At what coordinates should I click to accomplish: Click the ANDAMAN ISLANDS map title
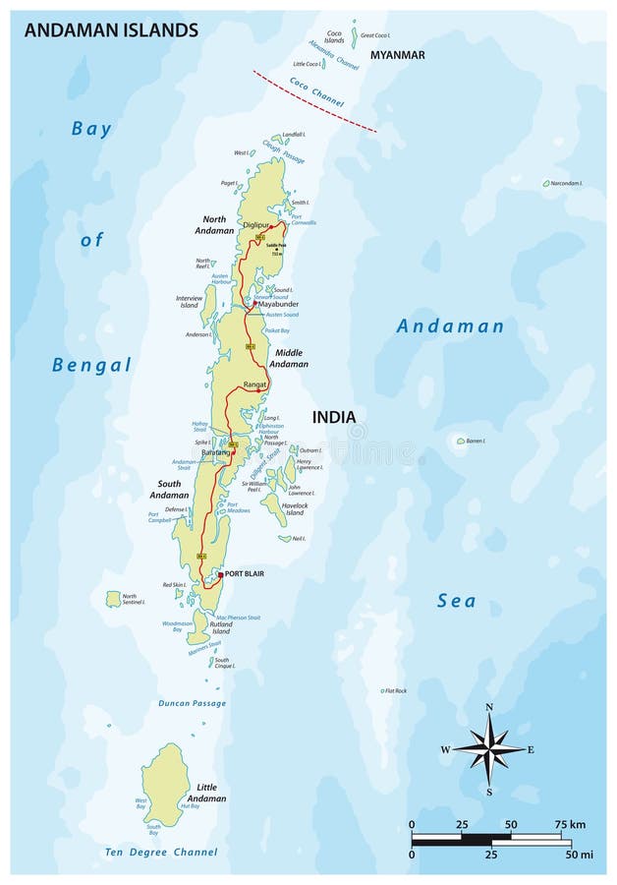(110, 30)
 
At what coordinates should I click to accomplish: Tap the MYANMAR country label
(398, 55)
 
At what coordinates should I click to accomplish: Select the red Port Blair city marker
(220, 574)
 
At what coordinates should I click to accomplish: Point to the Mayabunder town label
(278, 305)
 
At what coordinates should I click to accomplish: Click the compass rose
(488, 749)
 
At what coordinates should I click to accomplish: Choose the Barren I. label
(477, 441)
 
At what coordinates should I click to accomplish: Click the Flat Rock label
(396, 690)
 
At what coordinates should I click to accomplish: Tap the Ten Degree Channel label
(162, 852)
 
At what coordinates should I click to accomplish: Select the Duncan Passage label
(192, 703)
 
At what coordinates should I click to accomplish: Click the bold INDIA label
(333, 417)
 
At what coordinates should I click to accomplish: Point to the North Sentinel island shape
(113, 598)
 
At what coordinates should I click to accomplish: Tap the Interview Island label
(188, 300)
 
